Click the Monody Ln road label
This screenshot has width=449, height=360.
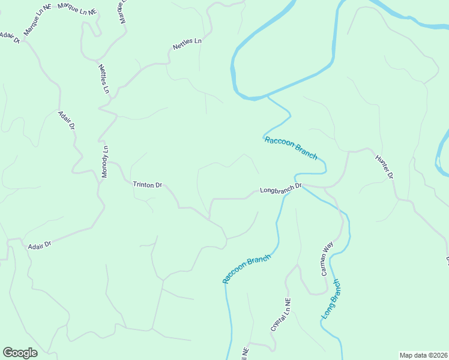104,161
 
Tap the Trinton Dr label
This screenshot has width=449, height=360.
148,185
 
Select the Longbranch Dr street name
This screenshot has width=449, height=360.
280,189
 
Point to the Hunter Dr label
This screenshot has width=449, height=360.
384,167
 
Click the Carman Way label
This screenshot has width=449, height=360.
327,259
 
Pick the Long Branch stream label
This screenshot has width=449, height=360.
331,299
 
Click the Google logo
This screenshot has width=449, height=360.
20,353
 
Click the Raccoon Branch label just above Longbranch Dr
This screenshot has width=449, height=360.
291,148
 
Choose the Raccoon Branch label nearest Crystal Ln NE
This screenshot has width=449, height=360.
247,268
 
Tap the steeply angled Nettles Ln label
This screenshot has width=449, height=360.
104,79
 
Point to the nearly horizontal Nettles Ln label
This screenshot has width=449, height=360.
187,44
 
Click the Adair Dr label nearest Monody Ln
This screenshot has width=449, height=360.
66,121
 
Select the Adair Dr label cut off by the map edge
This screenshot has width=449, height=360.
9,37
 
